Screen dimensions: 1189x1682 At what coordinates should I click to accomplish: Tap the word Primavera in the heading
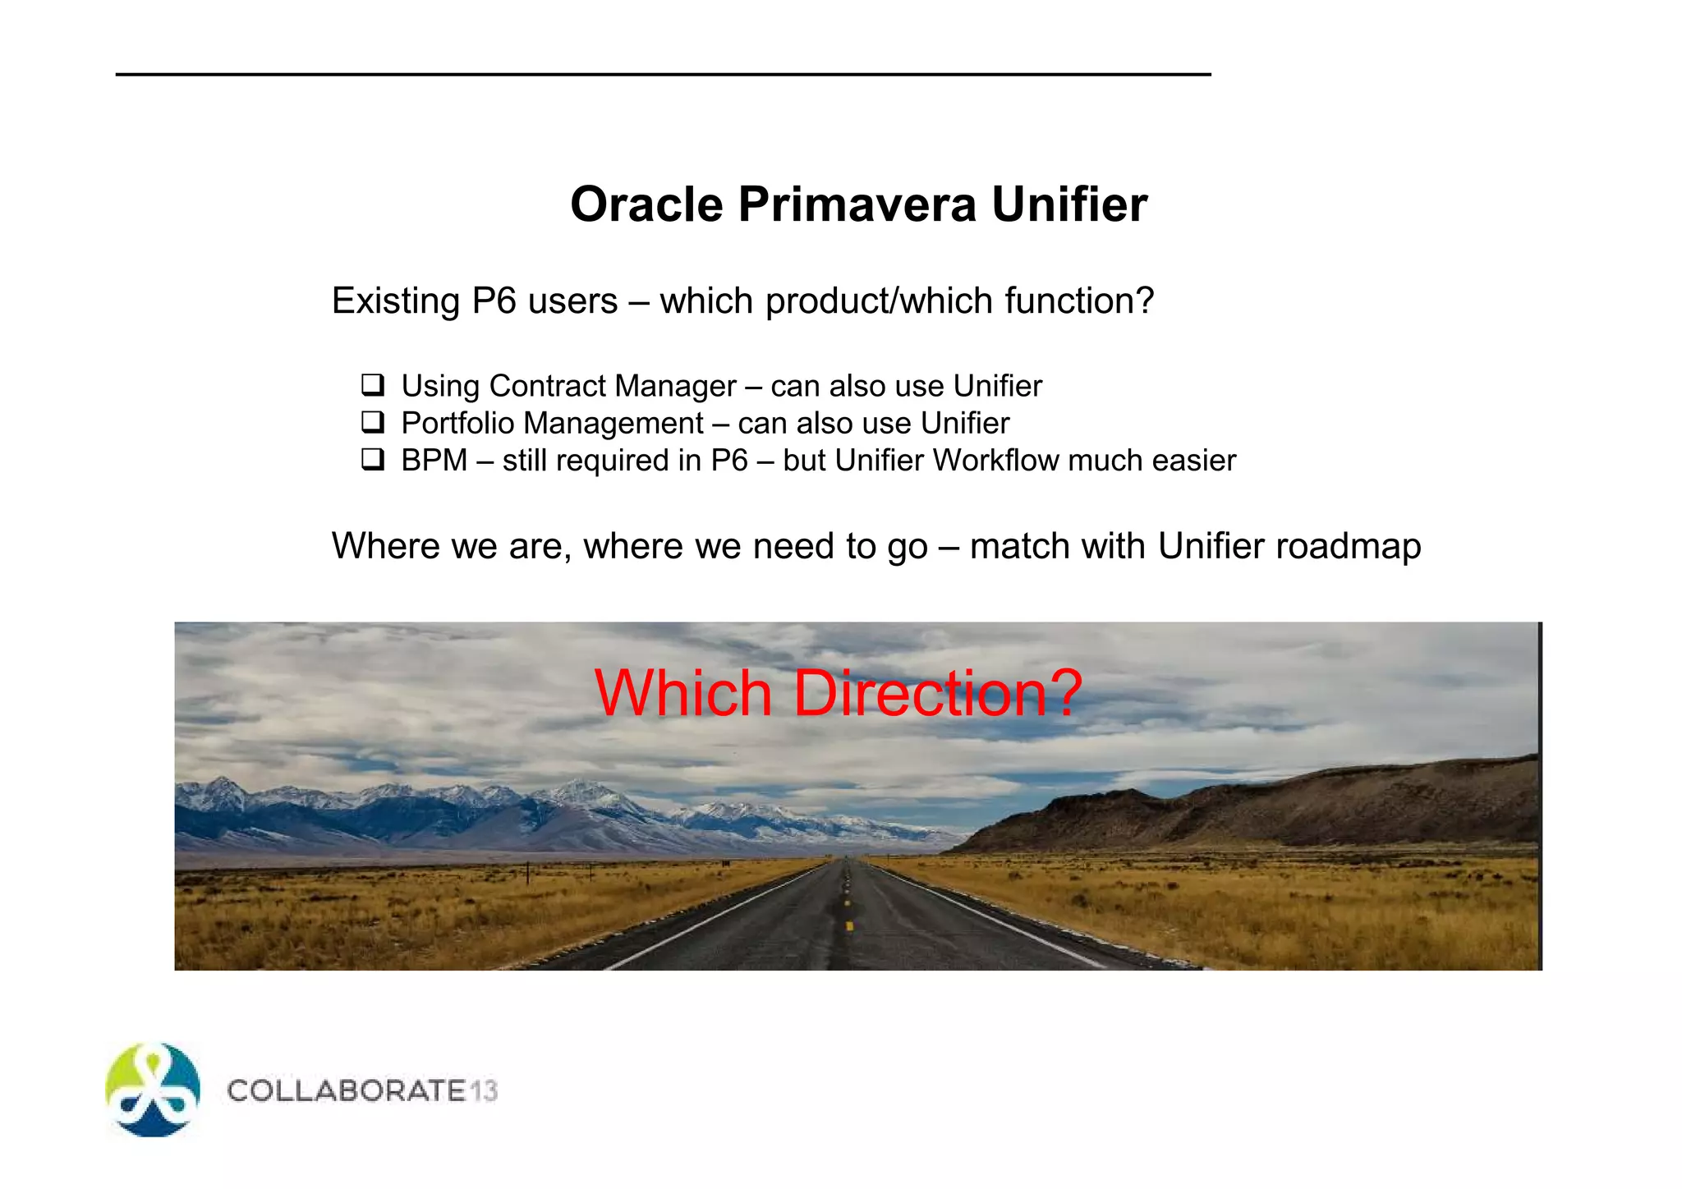857,204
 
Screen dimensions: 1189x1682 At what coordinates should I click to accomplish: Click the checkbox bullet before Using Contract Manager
373,384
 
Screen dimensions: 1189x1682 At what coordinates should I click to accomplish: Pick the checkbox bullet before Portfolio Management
373,422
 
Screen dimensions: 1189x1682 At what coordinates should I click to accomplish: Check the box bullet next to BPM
373,459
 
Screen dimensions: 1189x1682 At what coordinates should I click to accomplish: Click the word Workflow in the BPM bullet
995,461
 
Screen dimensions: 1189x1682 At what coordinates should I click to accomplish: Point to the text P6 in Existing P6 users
493,301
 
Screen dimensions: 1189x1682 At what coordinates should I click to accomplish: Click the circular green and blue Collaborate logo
153,1090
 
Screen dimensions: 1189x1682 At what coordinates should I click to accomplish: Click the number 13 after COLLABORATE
484,1091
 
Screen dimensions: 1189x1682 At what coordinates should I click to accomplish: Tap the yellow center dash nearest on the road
849,925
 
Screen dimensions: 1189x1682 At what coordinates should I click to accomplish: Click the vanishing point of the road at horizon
846,858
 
